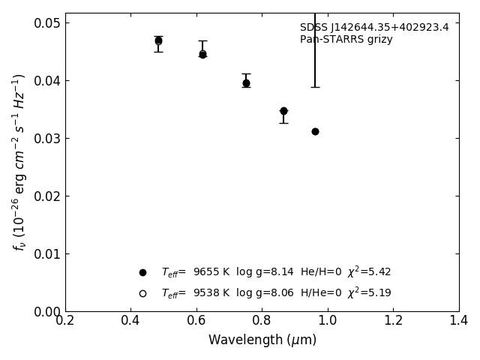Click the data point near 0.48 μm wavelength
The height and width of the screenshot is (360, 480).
click(x=158, y=41)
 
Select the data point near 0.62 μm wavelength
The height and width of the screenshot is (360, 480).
click(x=202, y=54)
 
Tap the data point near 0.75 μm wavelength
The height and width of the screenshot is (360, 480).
click(x=246, y=83)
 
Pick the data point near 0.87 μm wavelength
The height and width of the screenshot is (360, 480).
click(x=283, y=111)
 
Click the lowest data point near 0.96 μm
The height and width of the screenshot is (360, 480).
click(x=315, y=131)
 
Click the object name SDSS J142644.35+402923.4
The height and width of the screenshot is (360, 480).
click(x=374, y=28)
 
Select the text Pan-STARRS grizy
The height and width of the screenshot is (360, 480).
click(x=346, y=40)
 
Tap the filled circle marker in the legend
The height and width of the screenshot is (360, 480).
click(x=142, y=272)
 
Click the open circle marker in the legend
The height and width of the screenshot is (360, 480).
click(x=142, y=293)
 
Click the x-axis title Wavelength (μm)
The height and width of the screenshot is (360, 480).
click(x=262, y=340)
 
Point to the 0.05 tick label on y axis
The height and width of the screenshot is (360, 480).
click(x=47, y=23)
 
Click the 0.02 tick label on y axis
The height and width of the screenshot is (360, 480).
click(x=47, y=196)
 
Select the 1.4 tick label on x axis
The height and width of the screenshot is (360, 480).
click(x=458, y=321)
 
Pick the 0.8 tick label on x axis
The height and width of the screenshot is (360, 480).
click(x=262, y=321)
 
